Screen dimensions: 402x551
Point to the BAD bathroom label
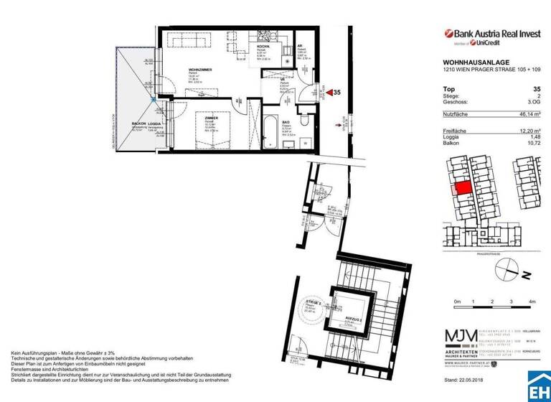pyautogui.click(x=285, y=123)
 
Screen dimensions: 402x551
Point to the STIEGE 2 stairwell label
pyautogui.click(x=311, y=304)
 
